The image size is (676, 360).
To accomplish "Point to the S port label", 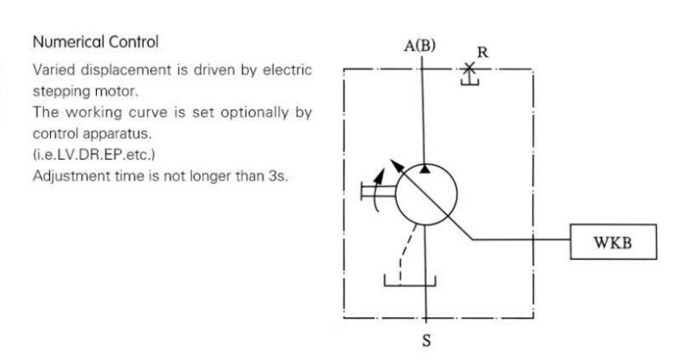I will pyautogui.click(x=426, y=341).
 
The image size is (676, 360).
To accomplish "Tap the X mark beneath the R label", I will pyautogui.click(x=470, y=67).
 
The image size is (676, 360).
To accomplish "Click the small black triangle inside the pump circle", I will pyautogui.click(x=426, y=170).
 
